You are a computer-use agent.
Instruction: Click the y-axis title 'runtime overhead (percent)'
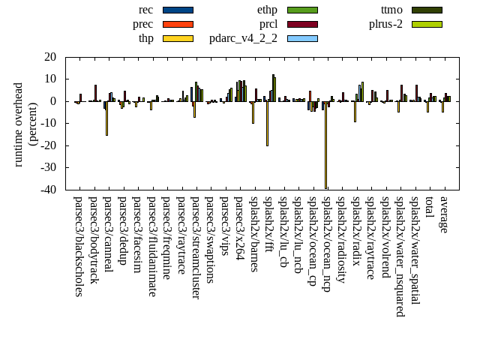(x=26, y=124)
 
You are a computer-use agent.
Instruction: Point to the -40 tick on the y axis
(x=49, y=190)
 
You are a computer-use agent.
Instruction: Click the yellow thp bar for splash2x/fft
(x=267, y=123)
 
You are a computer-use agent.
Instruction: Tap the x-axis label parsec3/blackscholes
(x=78, y=246)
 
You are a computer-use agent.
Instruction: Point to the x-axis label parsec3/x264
(x=239, y=228)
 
